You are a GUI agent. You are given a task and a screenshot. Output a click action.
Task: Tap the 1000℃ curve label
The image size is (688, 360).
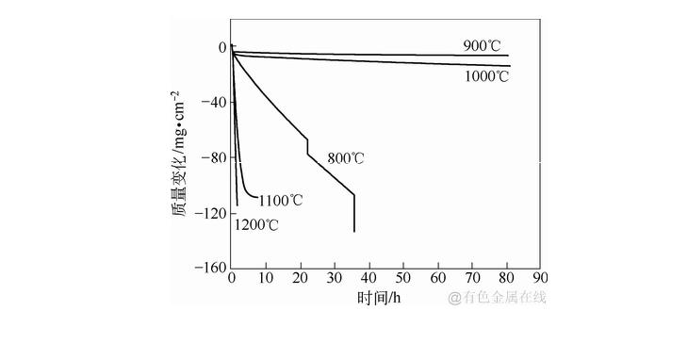click(x=487, y=76)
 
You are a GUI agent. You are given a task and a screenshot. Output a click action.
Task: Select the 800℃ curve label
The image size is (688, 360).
click(x=346, y=157)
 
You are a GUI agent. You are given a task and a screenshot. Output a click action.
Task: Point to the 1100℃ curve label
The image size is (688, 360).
click(x=281, y=200)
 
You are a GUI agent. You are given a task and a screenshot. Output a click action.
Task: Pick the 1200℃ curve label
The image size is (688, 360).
click(x=256, y=224)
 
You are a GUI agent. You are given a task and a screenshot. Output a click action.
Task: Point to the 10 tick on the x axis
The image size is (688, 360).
click(x=267, y=279)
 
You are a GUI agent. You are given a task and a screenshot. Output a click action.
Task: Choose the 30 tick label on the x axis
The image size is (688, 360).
click(x=335, y=279)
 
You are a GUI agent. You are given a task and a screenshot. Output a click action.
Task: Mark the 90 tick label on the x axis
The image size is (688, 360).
click(x=541, y=279)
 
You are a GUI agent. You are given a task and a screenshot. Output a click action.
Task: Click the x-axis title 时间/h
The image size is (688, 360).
click(x=380, y=299)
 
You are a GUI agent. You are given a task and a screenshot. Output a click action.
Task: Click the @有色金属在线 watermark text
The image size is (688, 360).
click(x=497, y=298)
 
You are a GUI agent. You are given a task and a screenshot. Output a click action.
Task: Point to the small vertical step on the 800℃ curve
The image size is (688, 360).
click(x=307, y=147)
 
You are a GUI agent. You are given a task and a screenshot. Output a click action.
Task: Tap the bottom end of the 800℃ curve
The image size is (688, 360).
click(x=354, y=231)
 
